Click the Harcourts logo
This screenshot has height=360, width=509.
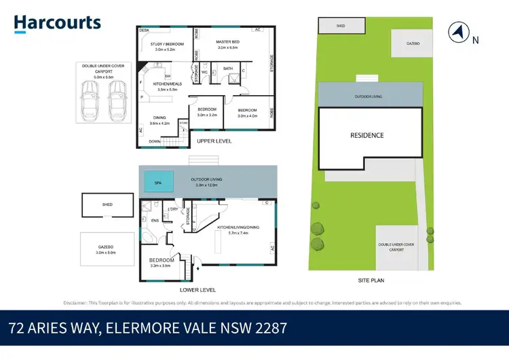pyautogui.click(x=58, y=23)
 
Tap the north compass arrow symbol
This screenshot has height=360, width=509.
pyautogui.click(x=459, y=31)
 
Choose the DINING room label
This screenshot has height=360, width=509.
pyautogui.click(x=160, y=117)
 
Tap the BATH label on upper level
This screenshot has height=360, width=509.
pyautogui.click(x=228, y=69)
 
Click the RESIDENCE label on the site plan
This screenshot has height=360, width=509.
pyautogui.click(x=366, y=135)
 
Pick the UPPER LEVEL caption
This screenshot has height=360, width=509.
pyautogui.click(x=214, y=141)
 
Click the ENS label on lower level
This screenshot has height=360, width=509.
pyautogui.click(x=155, y=220)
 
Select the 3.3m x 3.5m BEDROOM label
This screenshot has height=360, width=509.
pyautogui.click(x=162, y=262)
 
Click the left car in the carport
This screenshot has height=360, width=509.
pyautogui.click(x=89, y=99)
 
